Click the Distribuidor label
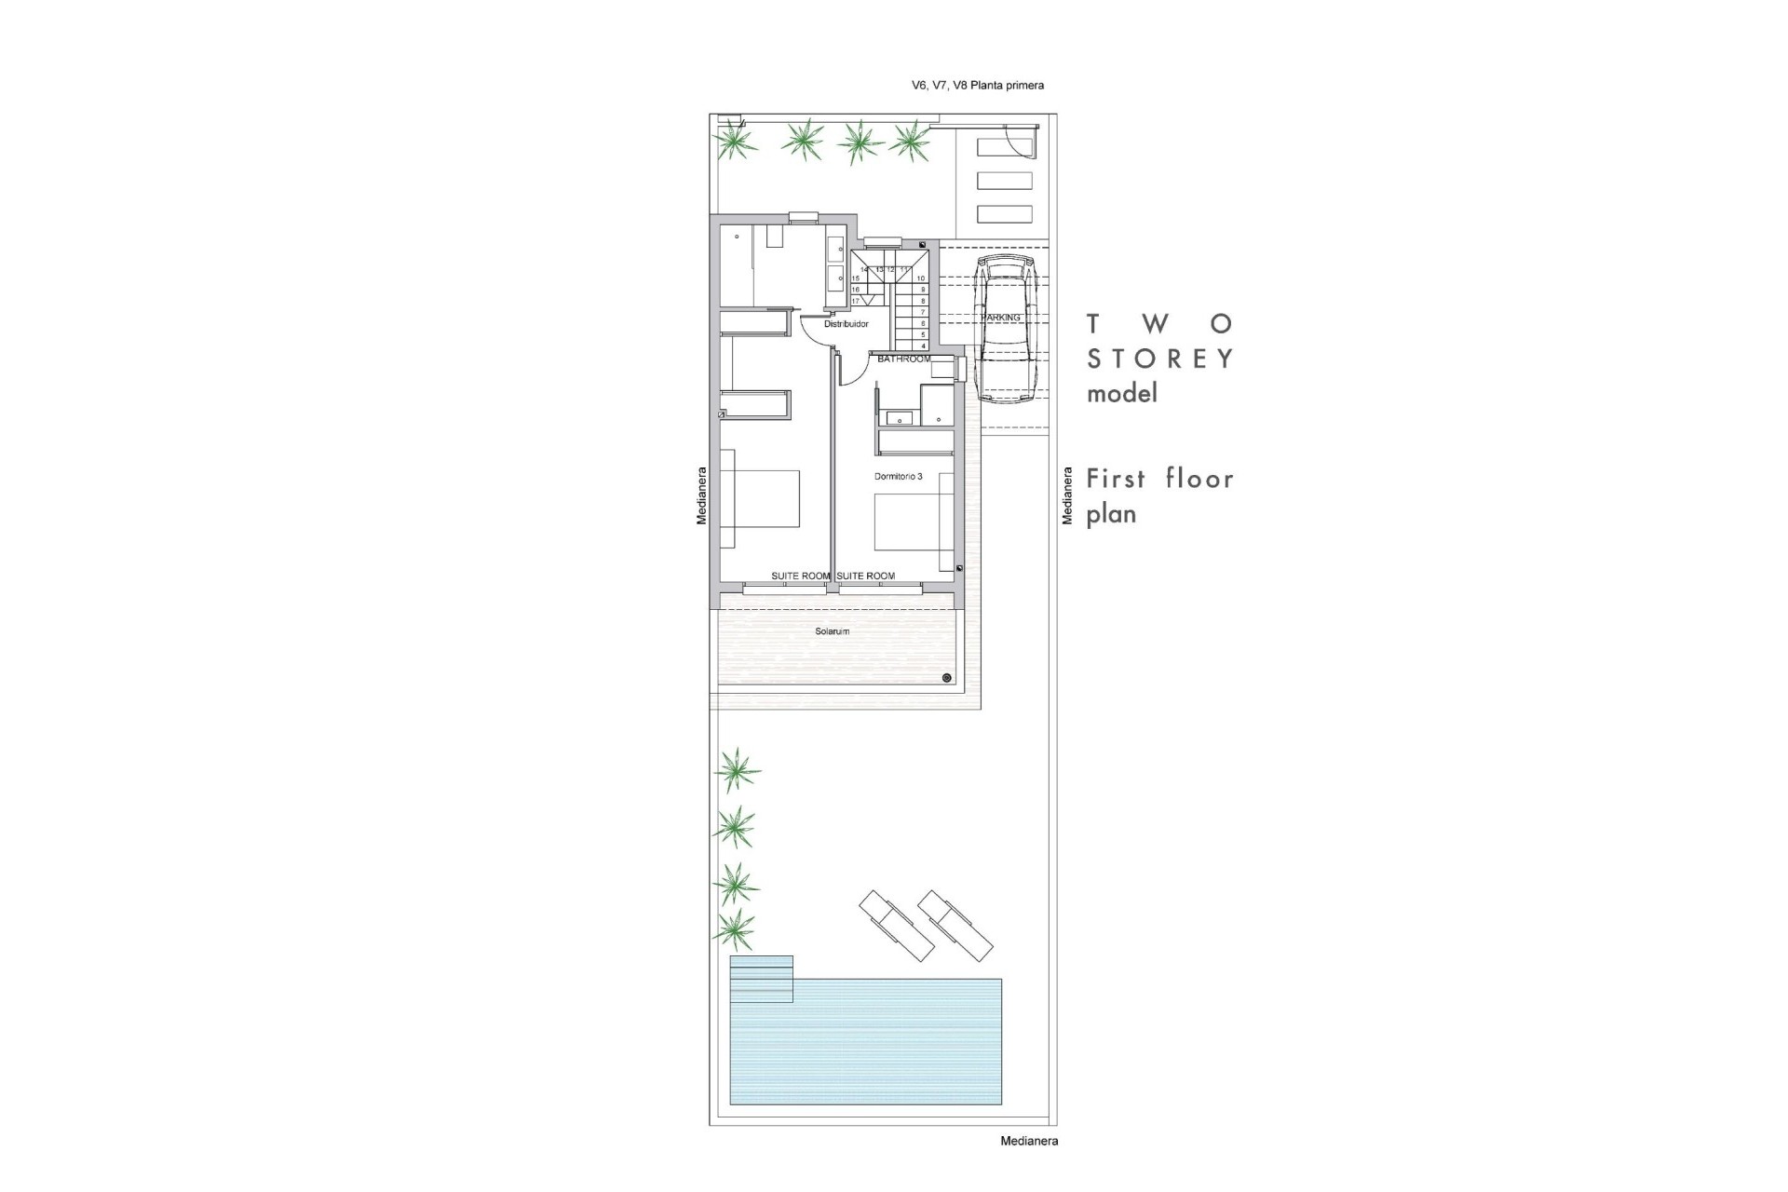[x=846, y=324]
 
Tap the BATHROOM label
[x=903, y=359]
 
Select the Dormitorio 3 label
[x=898, y=476]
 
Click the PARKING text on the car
[x=1001, y=318]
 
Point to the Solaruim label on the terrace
[x=832, y=631]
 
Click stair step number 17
[x=856, y=301]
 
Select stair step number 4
[x=922, y=345]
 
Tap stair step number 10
[x=920, y=278]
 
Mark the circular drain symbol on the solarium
[x=946, y=678]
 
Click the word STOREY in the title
[x=1160, y=359]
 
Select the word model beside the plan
[x=1122, y=394]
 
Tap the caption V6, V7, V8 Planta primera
[x=977, y=86]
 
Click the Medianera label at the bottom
[x=1028, y=1141]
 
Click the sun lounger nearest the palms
[x=896, y=926]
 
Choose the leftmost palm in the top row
[x=736, y=142]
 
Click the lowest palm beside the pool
[x=736, y=928]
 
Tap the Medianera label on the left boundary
[x=702, y=495]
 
